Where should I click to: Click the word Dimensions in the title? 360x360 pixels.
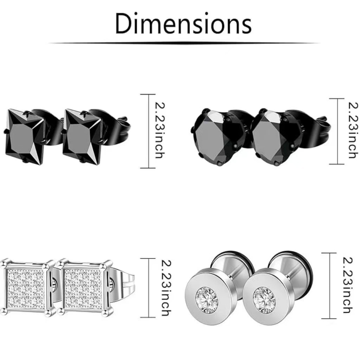click(x=183, y=24)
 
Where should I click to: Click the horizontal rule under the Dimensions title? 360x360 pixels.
click(x=184, y=43)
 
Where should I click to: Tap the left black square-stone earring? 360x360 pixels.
click(x=24, y=137)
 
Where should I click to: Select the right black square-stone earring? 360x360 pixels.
click(x=82, y=137)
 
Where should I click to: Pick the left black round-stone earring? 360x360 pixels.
click(x=218, y=137)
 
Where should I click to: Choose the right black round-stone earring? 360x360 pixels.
click(x=277, y=137)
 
